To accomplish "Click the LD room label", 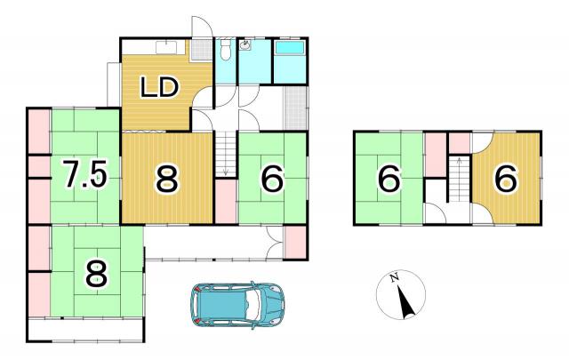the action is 160,87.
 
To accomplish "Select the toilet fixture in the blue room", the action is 225,49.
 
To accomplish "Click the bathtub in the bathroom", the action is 290,47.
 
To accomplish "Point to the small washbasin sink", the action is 245,45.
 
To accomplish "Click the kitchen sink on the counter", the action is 166,47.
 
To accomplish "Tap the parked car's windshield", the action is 254,300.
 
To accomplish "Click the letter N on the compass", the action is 395,277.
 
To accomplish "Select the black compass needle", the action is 405,300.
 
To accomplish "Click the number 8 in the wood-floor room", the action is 167,179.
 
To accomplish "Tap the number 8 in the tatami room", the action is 97,274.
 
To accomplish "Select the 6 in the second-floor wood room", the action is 506,180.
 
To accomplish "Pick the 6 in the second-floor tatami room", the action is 389,180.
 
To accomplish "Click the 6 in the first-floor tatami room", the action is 272,180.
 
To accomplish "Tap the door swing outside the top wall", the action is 202,26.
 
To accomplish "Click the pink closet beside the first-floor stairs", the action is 226,201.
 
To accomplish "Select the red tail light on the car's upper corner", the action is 196,289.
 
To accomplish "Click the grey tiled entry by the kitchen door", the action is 202,51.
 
